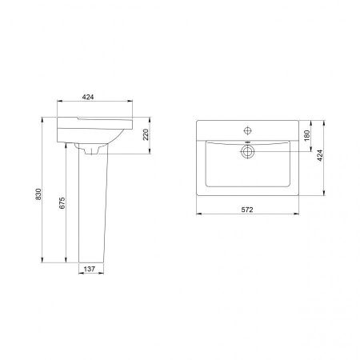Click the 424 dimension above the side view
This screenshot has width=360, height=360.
click(x=88, y=97)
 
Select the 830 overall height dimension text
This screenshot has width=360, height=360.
click(x=38, y=194)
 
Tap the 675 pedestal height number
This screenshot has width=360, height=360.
click(x=62, y=203)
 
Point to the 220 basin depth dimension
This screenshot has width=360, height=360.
click(x=146, y=134)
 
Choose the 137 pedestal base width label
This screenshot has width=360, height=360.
click(x=90, y=269)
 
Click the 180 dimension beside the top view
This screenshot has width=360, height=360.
click(x=307, y=135)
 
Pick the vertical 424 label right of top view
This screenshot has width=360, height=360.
click(x=320, y=155)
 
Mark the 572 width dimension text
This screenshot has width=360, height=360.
click(x=247, y=210)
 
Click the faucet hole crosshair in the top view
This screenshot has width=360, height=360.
click(x=248, y=130)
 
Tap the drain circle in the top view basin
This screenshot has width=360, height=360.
click(x=248, y=152)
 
